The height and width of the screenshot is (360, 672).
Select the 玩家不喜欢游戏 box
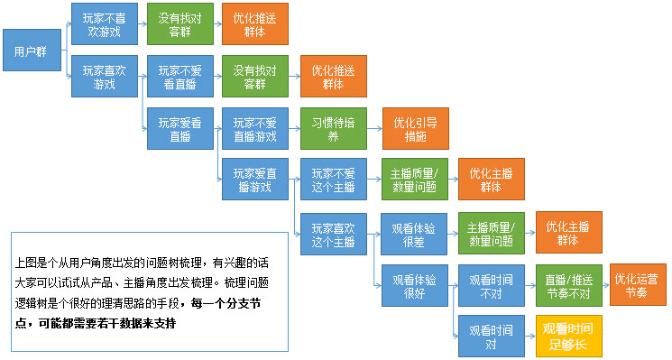104,23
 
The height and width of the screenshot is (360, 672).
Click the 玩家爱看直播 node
180,129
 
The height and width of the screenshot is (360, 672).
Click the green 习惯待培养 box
334,129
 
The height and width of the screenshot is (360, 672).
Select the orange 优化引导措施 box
415,129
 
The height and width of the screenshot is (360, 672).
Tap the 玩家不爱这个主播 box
334,179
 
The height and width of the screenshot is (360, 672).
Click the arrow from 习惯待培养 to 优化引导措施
373,129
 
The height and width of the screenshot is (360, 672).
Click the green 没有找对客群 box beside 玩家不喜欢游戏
180,23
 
